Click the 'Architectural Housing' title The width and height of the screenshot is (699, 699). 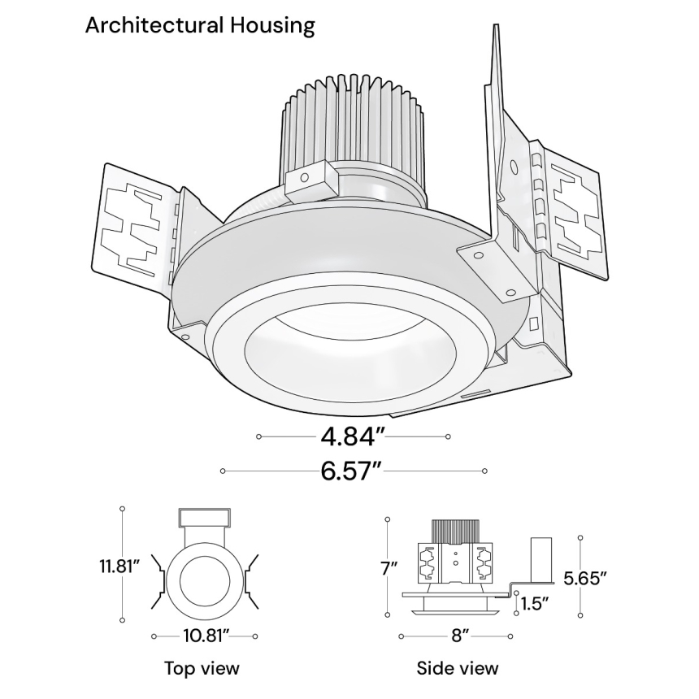tap(200, 25)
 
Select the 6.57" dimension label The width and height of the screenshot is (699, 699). tap(352, 471)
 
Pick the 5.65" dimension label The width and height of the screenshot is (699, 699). tap(586, 578)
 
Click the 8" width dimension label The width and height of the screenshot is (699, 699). tap(461, 636)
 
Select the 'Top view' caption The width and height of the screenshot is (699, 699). tap(202, 668)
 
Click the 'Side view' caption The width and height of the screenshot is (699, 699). tap(458, 668)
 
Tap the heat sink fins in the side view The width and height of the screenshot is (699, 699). tap(454, 529)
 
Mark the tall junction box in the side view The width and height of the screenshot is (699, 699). tap(541, 559)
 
